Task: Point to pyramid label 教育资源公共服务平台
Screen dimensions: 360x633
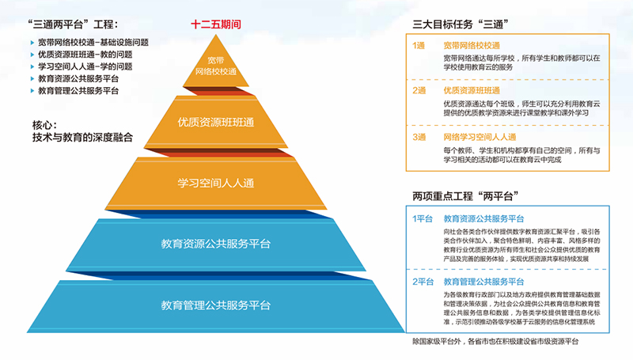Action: coord(216,242)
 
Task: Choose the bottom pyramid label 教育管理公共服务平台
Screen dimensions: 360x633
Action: coord(216,305)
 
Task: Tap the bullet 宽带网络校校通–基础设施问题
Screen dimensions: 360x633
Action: coord(93,42)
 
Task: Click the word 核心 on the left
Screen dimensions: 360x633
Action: coord(45,124)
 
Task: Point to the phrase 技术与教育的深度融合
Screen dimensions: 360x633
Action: coord(78,137)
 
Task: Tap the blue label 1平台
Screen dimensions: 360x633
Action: coord(423,218)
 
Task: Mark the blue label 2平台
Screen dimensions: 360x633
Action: coord(423,282)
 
